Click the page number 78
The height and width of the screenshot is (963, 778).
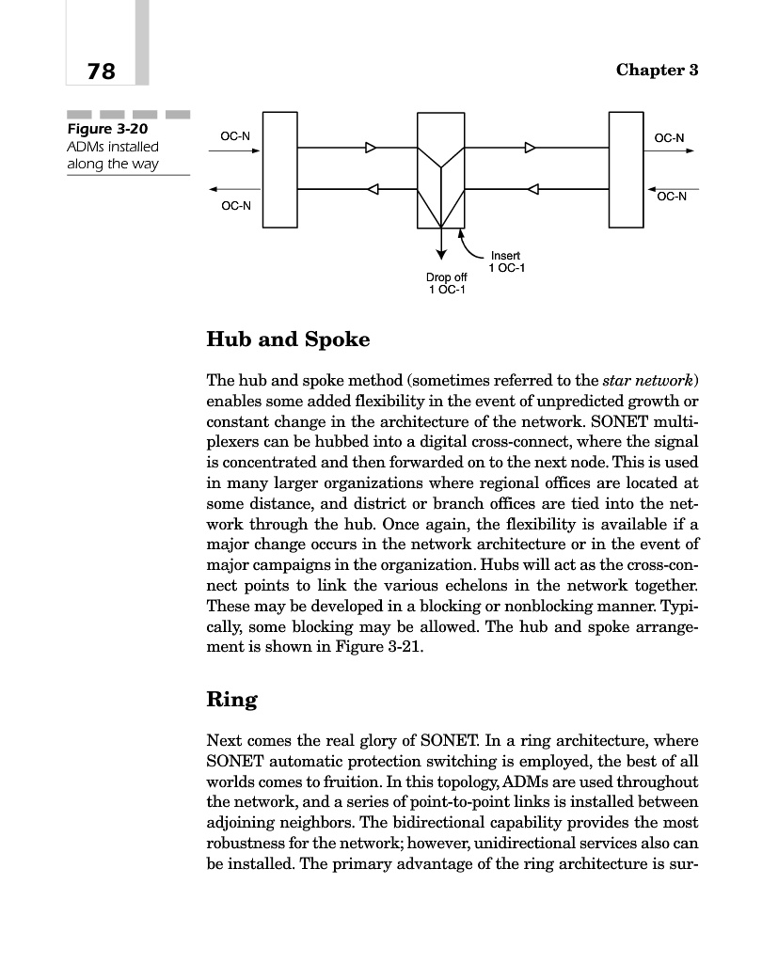point(101,71)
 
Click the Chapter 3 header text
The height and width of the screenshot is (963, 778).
point(657,71)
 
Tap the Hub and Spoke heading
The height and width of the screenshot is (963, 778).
point(288,339)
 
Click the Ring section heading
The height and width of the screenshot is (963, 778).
point(231,700)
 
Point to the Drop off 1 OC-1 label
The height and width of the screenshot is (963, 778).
point(446,283)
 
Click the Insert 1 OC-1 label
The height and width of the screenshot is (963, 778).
point(507,262)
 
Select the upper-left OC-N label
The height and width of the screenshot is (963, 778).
point(235,137)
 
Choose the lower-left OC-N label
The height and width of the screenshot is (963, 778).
point(235,206)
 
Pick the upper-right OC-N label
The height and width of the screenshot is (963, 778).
point(670,138)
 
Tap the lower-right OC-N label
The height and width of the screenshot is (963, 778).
point(672,197)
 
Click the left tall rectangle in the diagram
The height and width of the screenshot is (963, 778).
point(279,169)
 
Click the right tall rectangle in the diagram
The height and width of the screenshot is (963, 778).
point(626,169)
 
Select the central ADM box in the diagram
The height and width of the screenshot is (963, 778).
point(441,171)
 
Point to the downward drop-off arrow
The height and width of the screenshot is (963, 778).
point(441,244)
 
